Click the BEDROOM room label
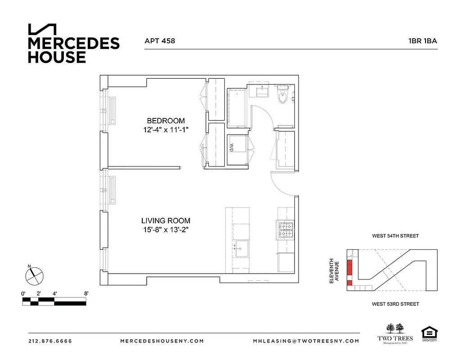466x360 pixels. (x=166, y=121)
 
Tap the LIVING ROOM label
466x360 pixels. (x=166, y=221)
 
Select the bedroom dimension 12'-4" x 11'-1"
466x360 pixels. (x=166, y=130)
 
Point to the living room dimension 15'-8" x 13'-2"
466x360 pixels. (x=166, y=230)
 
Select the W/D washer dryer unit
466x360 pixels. (x=237, y=147)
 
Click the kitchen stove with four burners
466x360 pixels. (x=285, y=230)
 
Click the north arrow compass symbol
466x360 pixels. (x=34, y=275)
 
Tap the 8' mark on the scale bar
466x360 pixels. (x=86, y=293)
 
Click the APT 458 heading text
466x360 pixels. (x=159, y=41)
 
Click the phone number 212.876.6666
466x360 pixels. (x=50, y=341)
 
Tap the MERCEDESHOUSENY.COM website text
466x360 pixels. (x=162, y=341)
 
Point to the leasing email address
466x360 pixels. (x=306, y=341)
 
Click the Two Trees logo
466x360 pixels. (x=394, y=333)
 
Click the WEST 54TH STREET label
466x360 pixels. (x=395, y=236)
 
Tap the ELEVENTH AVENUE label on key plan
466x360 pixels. (x=334, y=270)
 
